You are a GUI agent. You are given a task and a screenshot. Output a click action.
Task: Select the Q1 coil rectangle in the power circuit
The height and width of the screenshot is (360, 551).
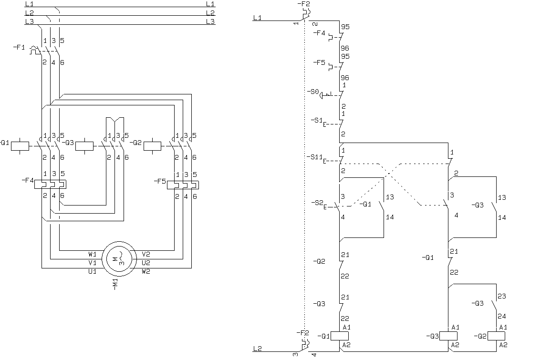click(x=20, y=146)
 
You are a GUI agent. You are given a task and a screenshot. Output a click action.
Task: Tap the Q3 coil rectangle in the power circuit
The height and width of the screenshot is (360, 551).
click(x=84, y=146)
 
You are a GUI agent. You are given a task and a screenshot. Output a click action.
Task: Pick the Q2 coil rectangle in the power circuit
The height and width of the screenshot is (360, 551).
click(x=153, y=146)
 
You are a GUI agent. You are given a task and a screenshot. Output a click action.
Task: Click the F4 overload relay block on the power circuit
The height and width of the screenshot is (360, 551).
click(x=50, y=185)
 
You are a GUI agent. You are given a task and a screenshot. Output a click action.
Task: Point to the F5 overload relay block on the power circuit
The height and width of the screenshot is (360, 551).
click(x=183, y=185)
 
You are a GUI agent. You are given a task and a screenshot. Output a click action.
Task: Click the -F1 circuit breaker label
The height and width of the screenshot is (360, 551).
click(x=19, y=47)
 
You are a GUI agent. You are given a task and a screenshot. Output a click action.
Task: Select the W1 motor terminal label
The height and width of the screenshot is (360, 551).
click(x=92, y=254)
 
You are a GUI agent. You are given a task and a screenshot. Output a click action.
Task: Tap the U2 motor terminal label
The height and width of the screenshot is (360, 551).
click(x=146, y=263)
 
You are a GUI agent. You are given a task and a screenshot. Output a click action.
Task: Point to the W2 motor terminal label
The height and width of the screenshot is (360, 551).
click(x=146, y=271)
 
